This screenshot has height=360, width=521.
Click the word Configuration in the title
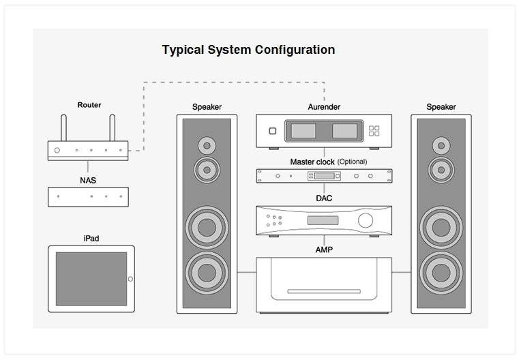tap(295, 50)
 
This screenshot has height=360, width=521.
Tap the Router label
tap(89, 105)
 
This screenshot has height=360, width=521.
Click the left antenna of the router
tap(63, 128)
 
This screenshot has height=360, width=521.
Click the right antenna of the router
tap(113, 128)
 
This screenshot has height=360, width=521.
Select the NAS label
tap(88, 180)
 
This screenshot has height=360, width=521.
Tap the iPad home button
tap(130, 279)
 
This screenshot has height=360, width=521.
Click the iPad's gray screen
tap(91, 279)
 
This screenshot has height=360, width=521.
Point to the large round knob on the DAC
tap(366, 220)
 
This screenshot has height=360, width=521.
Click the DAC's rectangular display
tap(323, 220)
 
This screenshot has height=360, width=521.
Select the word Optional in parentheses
tap(352, 162)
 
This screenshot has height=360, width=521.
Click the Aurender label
tap(324, 107)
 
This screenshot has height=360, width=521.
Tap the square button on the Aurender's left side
tap(273, 131)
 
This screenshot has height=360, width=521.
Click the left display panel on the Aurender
tap(303, 131)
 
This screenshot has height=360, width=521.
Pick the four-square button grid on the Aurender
tap(374, 131)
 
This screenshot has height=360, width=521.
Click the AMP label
tap(324, 250)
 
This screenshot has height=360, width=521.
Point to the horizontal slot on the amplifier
tap(324, 292)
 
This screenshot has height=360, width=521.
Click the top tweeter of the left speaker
tap(207, 145)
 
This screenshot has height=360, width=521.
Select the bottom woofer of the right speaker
tap(441, 273)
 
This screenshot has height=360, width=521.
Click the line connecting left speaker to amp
tap(247, 272)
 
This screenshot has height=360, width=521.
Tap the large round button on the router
tap(57, 151)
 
